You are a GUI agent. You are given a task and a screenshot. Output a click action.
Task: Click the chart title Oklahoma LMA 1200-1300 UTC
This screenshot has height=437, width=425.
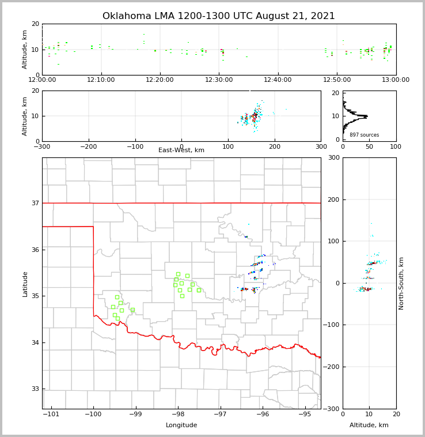pyautogui.click(x=219, y=16)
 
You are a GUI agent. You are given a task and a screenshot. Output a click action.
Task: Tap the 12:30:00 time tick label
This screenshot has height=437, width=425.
pyautogui.click(x=219, y=80)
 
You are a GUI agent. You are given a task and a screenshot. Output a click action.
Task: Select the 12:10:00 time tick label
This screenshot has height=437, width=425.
pyautogui.click(x=101, y=80)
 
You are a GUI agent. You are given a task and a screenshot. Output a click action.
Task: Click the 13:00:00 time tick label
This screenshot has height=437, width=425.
pyautogui.click(x=396, y=80)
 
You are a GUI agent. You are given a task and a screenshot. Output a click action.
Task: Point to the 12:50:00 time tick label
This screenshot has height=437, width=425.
pyautogui.click(x=337, y=80)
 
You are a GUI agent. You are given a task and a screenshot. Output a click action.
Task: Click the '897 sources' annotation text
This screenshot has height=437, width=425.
pyautogui.click(x=364, y=135)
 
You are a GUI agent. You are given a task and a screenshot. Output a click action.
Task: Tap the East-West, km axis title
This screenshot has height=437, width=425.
pyautogui.click(x=181, y=150)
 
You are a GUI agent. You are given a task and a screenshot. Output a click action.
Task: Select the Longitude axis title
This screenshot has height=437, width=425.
pyautogui.click(x=181, y=425)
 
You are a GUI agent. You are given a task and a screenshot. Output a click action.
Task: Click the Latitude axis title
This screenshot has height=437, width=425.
pyautogui.click(x=25, y=284)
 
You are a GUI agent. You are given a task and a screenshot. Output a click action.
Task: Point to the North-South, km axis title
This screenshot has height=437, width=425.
pyautogui.click(x=401, y=284)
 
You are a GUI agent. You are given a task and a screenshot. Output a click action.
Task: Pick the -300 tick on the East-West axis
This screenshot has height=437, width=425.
pyautogui.click(x=42, y=146)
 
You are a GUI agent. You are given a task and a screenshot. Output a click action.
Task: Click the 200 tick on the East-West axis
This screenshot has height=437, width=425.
pyautogui.click(x=274, y=146)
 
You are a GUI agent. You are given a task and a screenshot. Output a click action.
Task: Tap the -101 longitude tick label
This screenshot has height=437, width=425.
pyautogui.click(x=51, y=415)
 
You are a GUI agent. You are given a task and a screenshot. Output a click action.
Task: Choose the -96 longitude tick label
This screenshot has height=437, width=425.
pyautogui.click(x=263, y=415)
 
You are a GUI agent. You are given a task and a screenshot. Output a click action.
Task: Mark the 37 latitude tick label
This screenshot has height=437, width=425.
pyautogui.click(x=35, y=203)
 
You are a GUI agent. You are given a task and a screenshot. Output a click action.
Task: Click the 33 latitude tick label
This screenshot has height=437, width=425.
pyautogui.click(x=35, y=389)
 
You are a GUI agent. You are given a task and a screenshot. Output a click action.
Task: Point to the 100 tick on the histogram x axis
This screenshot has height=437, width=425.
pyautogui.click(x=396, y=146)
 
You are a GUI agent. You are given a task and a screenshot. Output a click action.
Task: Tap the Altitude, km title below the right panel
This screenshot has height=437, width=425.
pyautogui.click(x=369, y=425)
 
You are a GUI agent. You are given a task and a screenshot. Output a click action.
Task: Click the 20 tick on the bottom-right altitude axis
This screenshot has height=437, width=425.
pyautogui.click(x=396, y=415)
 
